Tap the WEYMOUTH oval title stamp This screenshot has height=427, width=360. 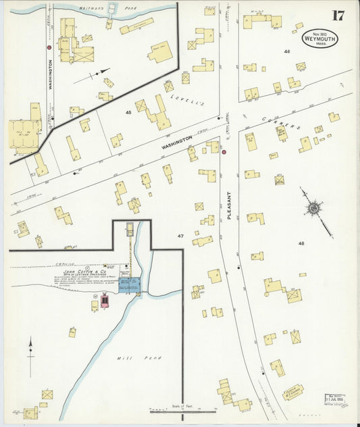click(320, 38)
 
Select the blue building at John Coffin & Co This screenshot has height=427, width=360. click(128, 284)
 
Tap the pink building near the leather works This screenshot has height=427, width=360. click(105, 301)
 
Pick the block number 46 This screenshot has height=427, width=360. click(287, 51)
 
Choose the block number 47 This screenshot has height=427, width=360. click(180, 236)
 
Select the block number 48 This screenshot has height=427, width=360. click(301, 243)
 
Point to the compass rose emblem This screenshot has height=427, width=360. click(313, 209)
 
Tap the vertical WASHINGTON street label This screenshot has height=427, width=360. click(49, 74)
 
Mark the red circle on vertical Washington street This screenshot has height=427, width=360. click(49, 47)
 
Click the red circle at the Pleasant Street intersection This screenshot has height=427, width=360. click(224, 153)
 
